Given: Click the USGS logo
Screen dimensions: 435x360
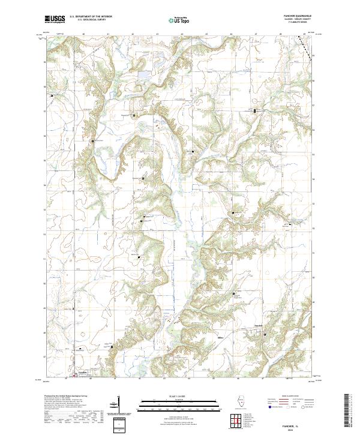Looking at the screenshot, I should point(55,19).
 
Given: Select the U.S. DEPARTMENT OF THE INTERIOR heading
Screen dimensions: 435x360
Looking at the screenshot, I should point(91,16).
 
